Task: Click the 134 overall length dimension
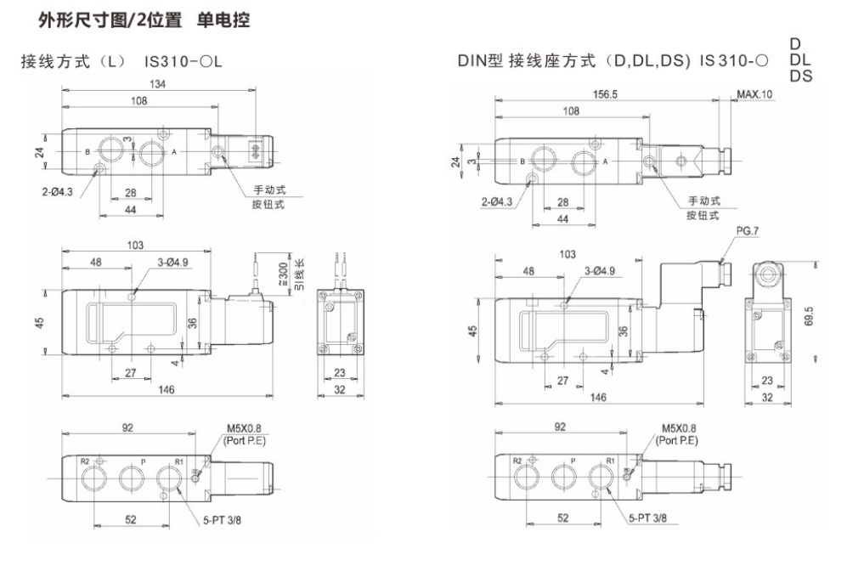point(159,84)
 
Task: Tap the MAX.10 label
point(754,94)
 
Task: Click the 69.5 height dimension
point(809,315)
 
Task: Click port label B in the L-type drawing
point(88,151)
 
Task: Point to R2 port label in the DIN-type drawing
point(517,460)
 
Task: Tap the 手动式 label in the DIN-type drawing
point(704,201)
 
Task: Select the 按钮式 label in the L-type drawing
point(268,204)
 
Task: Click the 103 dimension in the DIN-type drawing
point(568,254)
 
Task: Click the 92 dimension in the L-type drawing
point(127,428)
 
